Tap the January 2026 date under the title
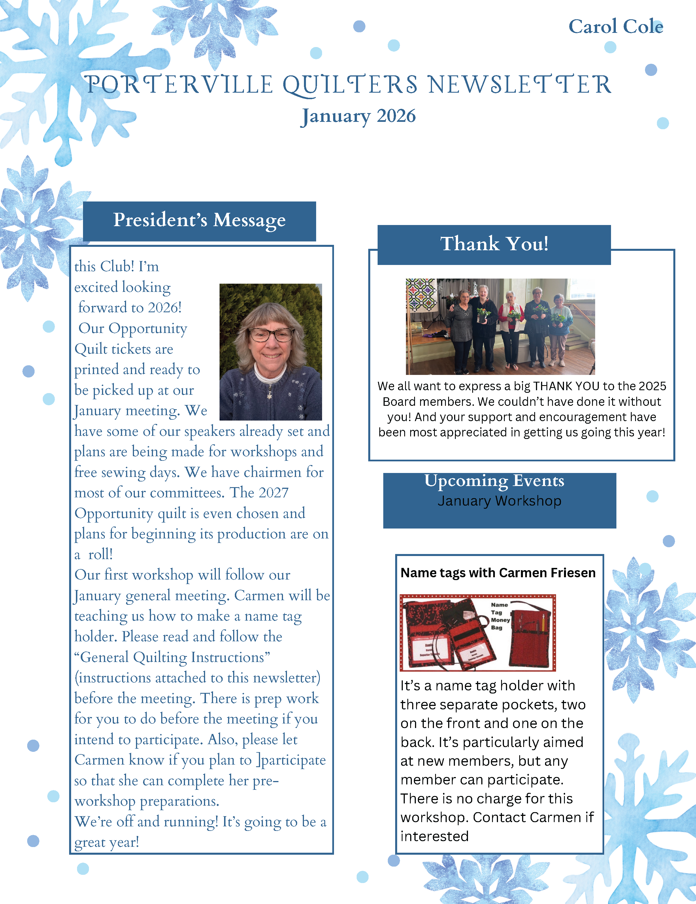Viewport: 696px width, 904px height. [358, 116]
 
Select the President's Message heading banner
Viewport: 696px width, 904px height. [199, 221]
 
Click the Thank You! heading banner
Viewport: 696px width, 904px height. [494, 244]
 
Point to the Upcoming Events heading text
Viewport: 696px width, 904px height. [494, 481]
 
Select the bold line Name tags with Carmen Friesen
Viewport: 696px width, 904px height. [498, 573]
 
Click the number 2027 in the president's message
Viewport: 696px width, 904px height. [273, 493]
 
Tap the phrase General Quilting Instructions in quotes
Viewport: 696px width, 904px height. [172, 657]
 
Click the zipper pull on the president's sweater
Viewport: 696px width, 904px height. [269, 394]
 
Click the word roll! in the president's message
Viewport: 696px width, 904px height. [100, 555]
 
